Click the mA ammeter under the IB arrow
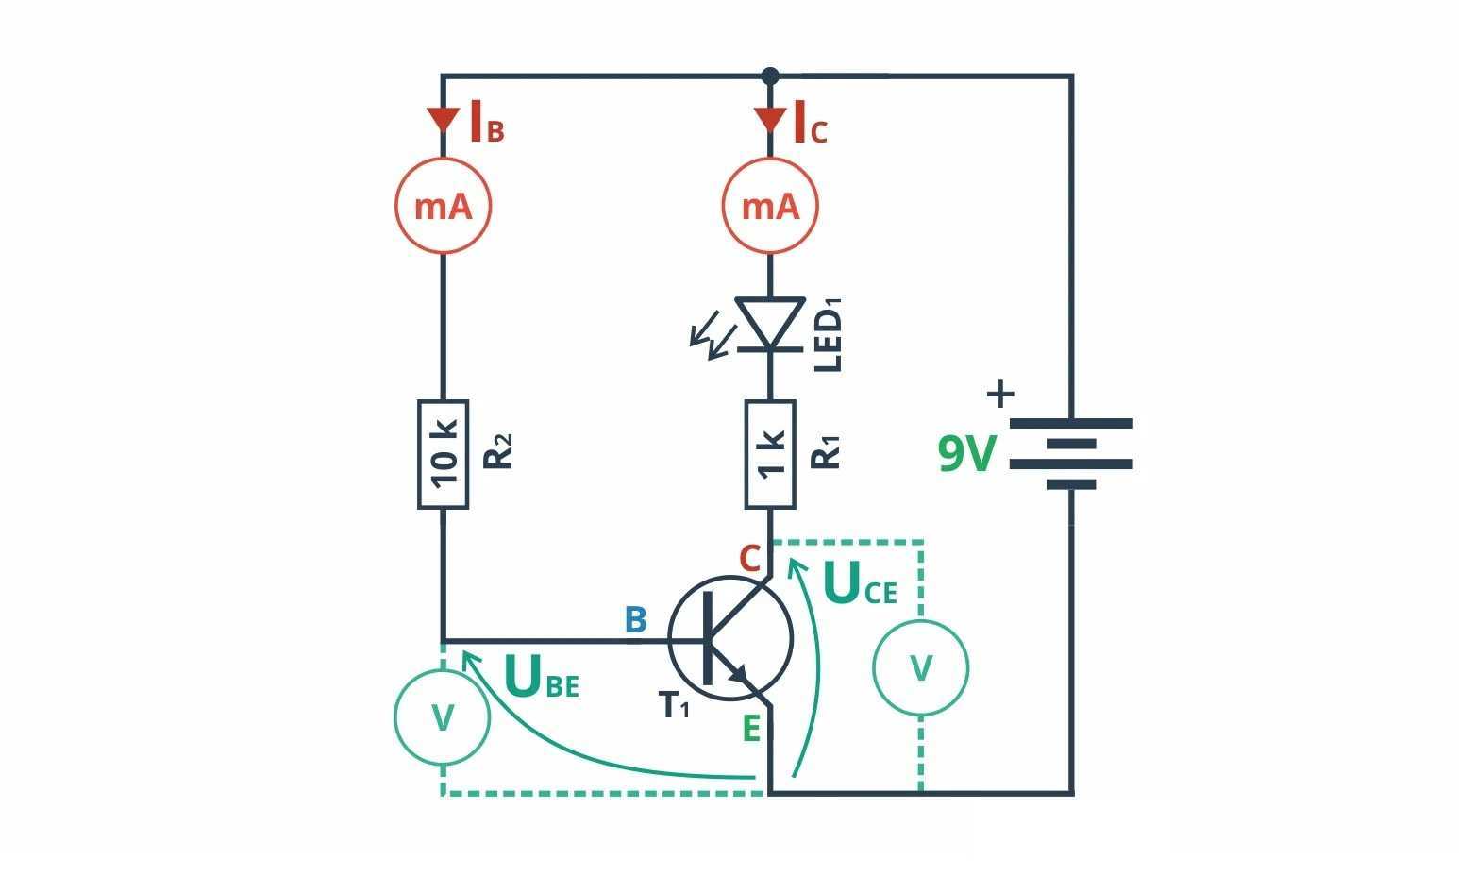coord(443,206)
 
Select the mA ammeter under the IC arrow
coord(770,206)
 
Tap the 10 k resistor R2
coord(443,454)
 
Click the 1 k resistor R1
coord(770,454)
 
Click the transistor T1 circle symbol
coord(730,639)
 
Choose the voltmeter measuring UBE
coord(443,718)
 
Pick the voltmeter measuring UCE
coord(920,667)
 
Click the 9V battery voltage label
coord(967,454)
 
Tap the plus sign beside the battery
coord(999,394)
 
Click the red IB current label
coord(487,124)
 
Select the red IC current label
coord(810,124)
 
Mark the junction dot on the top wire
coord(770,76)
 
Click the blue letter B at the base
coord(635,620)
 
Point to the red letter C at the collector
coord(749,559)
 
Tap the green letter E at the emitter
coord(751,729)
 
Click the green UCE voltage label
coord(860,584)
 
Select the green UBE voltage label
coord(542,677)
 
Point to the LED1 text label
coord(828,335)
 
